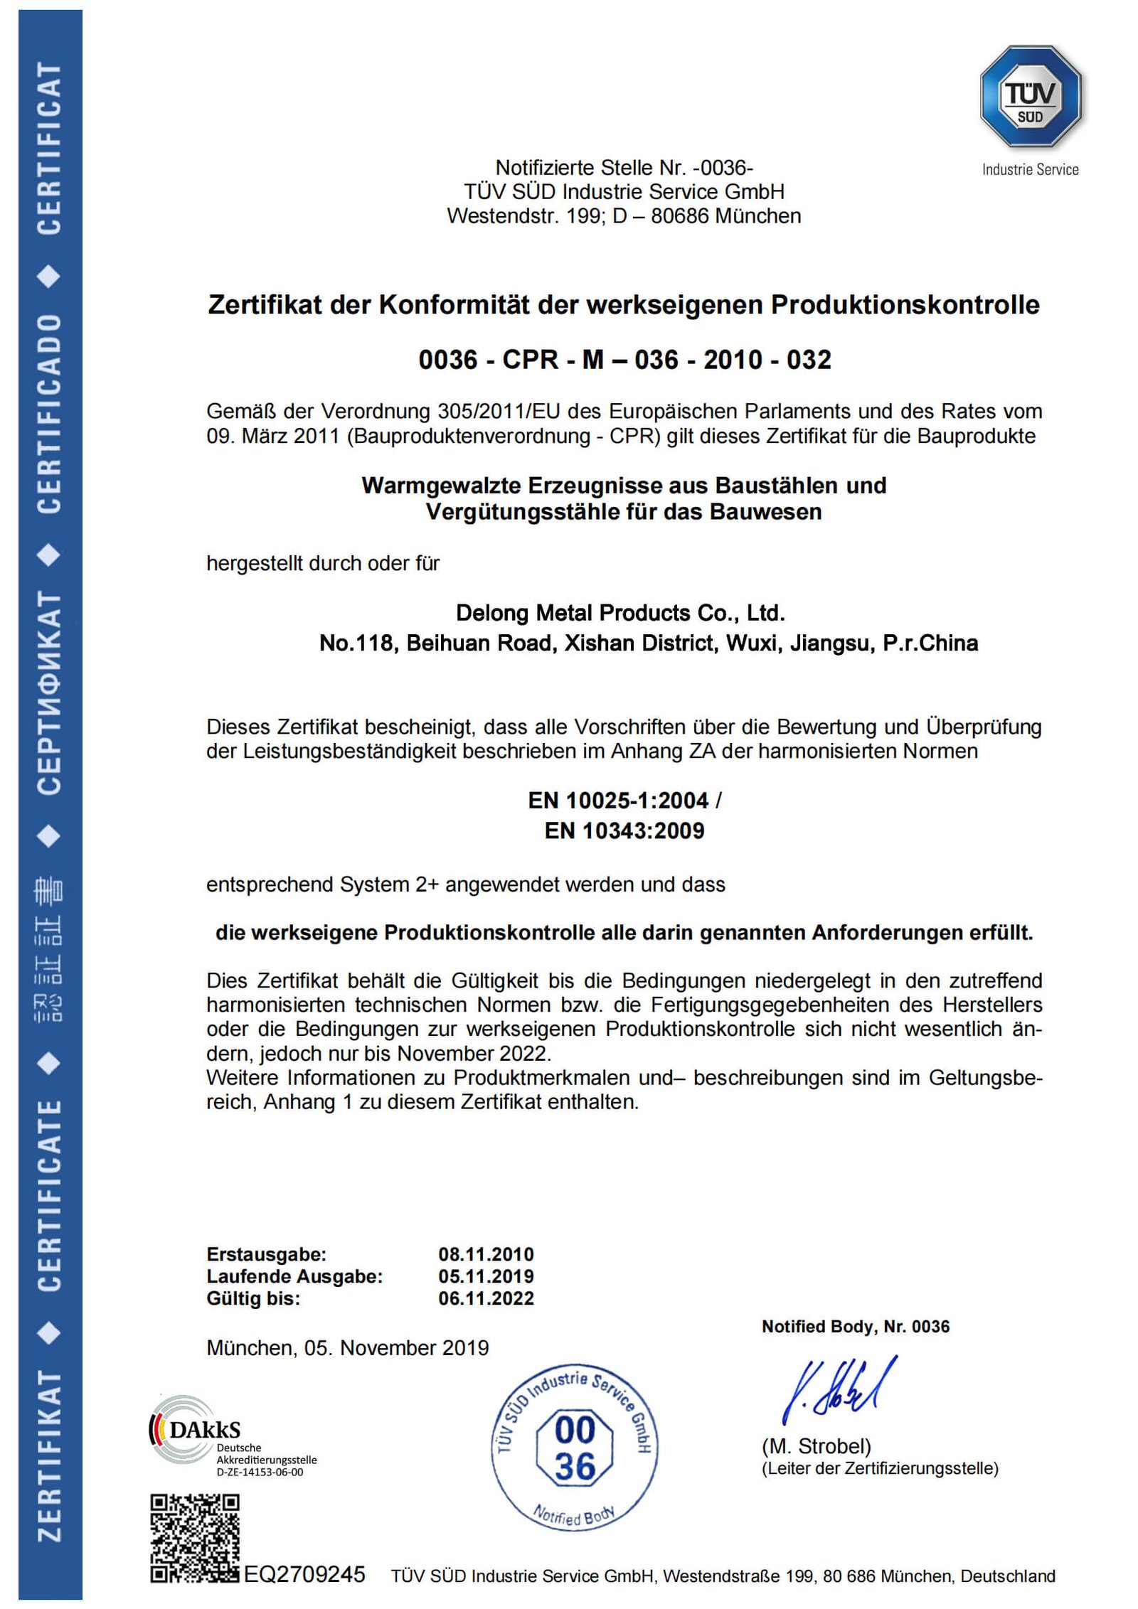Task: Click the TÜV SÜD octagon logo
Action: coord(1030,97)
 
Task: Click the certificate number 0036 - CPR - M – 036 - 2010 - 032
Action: coord(624,360)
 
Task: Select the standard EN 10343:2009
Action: coord(624,830)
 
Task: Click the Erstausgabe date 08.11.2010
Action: coord(486,1254)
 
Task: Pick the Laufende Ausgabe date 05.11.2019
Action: coord(486,1276)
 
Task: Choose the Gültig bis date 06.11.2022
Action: coord(486,1298)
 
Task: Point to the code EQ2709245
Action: coord(304,1574)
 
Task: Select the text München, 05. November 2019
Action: coord(347,1348)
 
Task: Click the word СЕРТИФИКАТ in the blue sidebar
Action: coord(49,693)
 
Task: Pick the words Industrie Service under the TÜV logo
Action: coord(1030,169)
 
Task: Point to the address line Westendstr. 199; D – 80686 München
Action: coord(624,215)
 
